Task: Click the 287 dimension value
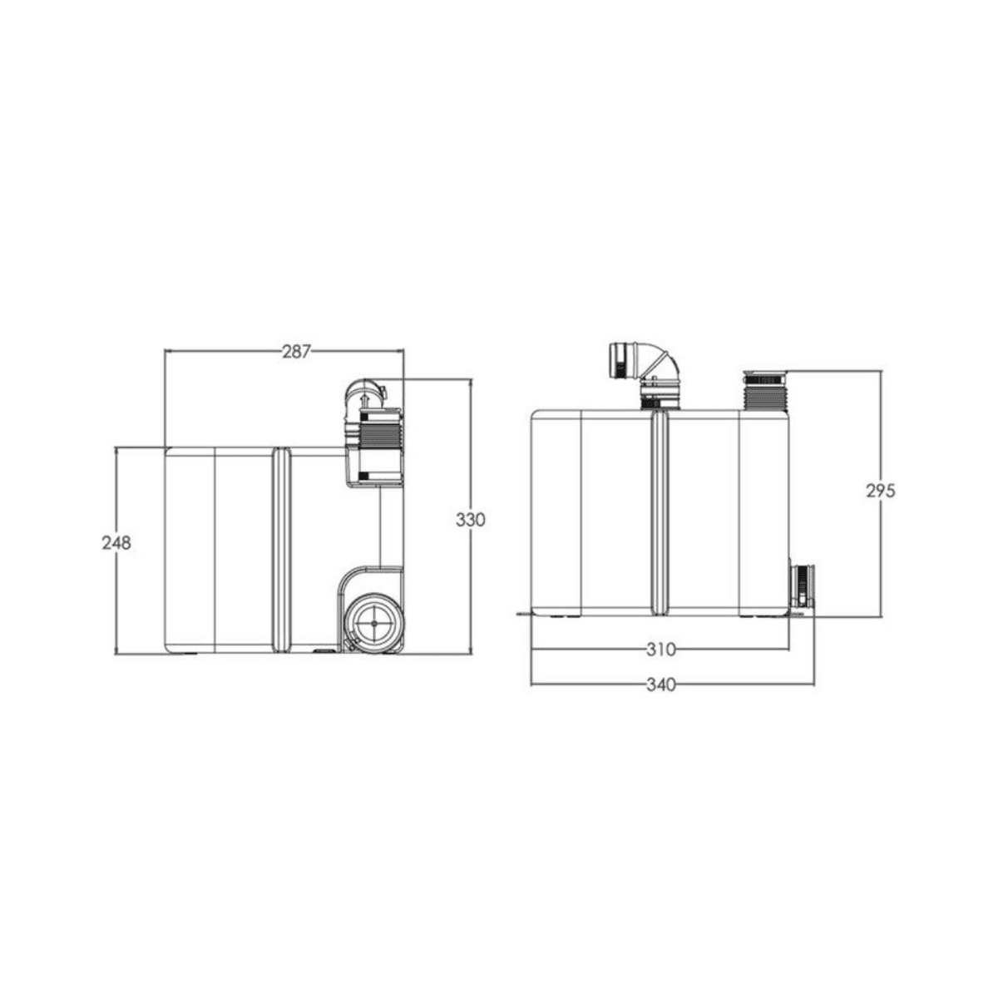tap(295, 352)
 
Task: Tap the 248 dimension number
tap(117, 543)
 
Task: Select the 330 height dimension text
tap(470, 520)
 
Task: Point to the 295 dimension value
tap(880, 491)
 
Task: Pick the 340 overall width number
tap(661, 685)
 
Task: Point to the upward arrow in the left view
tap(363, 402)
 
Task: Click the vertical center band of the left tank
tap(281, 549)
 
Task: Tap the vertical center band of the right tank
tap(660, 511)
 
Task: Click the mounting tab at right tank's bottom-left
tap(522, 615)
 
